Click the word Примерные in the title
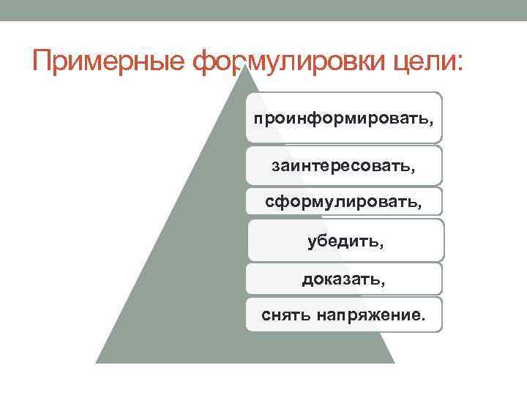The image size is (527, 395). [108, 61]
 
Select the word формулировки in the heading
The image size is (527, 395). [288, 62]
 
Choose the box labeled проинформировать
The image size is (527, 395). [344, 118]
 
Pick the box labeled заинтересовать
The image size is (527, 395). [344, 165]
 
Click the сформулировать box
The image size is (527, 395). [344, 201]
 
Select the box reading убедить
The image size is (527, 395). [345, 240]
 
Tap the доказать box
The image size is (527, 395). [344, 279]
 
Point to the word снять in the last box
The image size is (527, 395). [285, 315]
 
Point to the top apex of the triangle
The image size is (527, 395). [245, 65]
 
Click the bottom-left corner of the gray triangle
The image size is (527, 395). [96, 363]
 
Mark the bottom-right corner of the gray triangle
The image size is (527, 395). [395, 363]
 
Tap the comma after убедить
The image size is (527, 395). [381, 247]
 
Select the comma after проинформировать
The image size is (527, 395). [431, 123]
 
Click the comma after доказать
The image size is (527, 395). [383, 284]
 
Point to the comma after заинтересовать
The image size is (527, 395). [412, 170]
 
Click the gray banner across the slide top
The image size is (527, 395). [263, 10]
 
